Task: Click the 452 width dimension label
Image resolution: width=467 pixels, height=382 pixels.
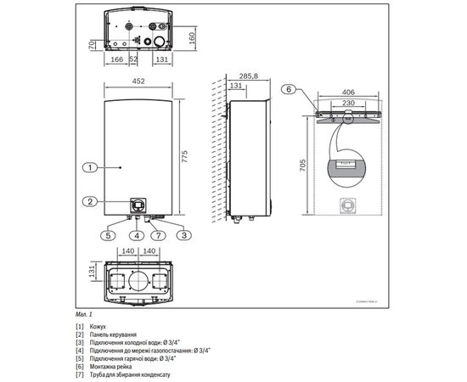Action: (138, 82)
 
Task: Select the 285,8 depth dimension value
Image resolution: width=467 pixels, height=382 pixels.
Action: (248, 76)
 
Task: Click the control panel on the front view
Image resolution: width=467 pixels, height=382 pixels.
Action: (138, 205)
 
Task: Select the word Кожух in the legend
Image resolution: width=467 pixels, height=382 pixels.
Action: (101, 327)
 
